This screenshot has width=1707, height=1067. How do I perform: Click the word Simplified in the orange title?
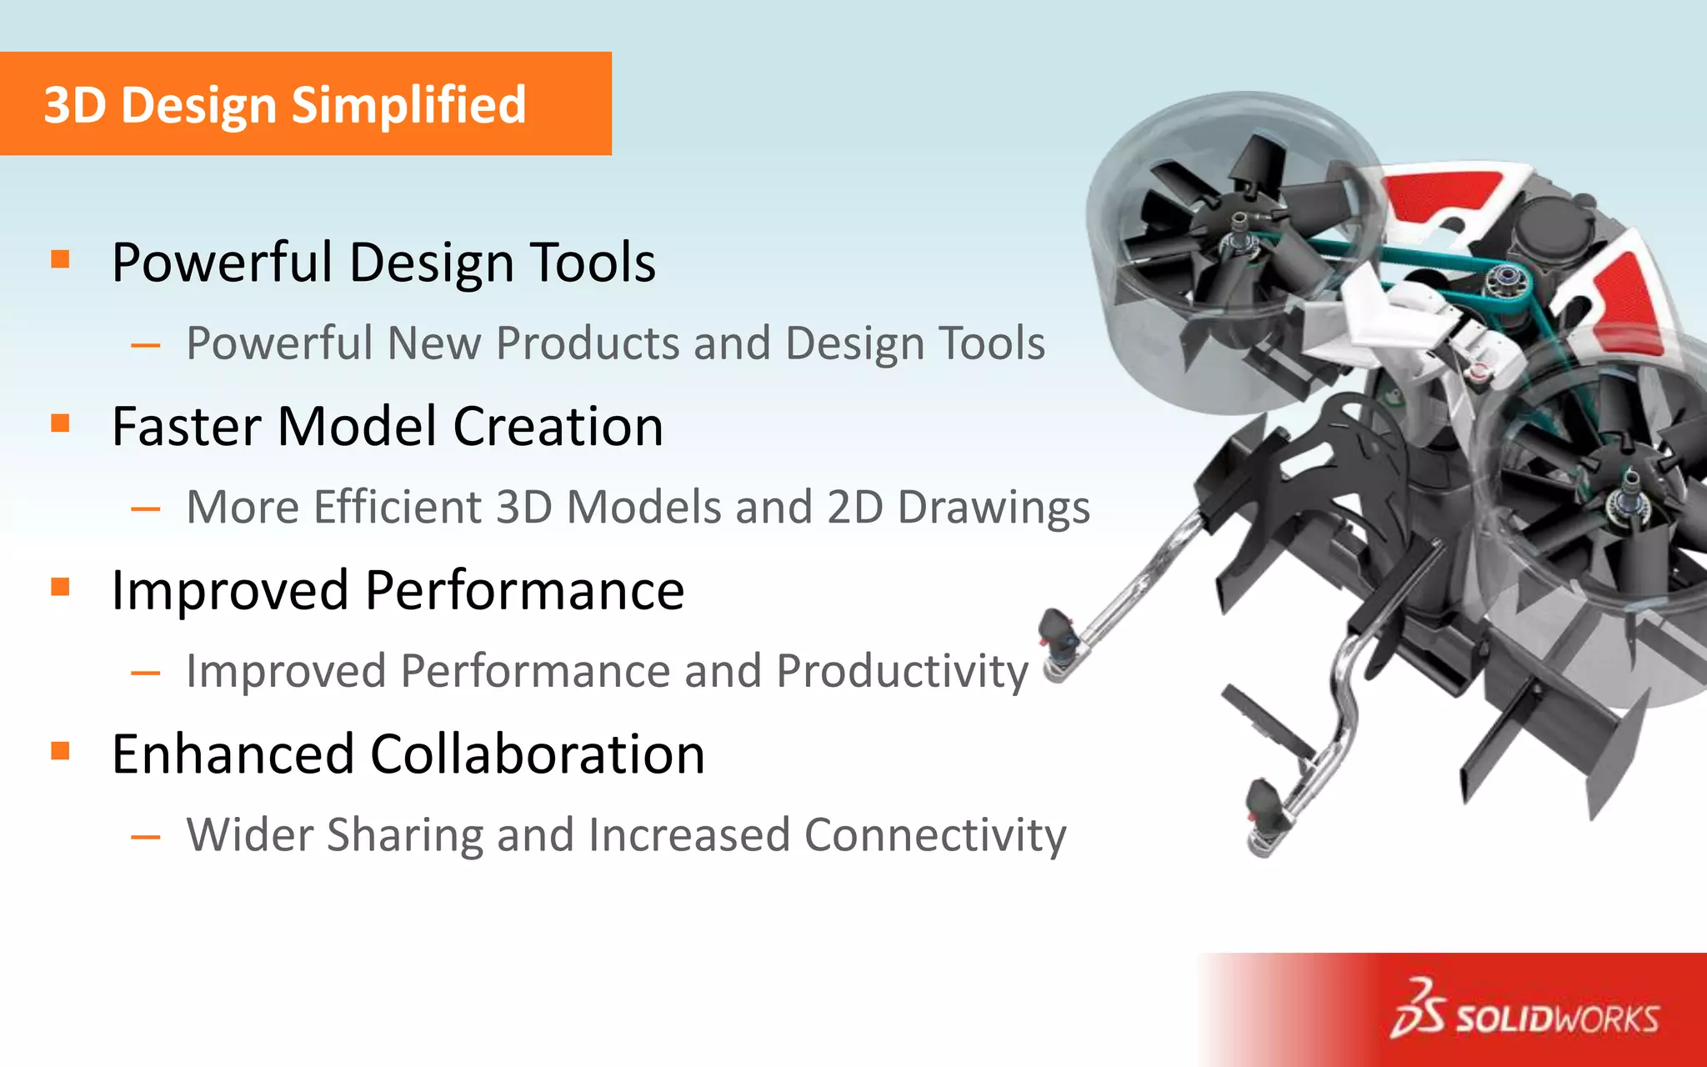click(408, 105)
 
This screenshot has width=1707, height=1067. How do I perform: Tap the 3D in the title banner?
click(75, 105)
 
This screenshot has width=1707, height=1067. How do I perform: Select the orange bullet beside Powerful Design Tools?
click(60, 259)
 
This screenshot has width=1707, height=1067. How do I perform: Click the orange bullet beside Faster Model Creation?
click(60, 423)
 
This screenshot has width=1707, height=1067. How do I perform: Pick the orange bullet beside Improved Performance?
click(60, 587)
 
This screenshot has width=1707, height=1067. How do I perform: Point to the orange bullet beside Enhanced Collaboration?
click(60, 751)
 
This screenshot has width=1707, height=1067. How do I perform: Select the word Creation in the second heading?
click(558, 427)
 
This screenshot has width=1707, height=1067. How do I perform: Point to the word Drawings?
click(994, 508)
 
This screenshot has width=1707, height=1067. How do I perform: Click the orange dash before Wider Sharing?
click(146, 836)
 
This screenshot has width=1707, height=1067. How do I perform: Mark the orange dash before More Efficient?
click(146, 508)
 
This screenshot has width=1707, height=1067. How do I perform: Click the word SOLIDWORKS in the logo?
click(1557, 1019)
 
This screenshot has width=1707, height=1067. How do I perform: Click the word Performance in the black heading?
click(524, 591)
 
